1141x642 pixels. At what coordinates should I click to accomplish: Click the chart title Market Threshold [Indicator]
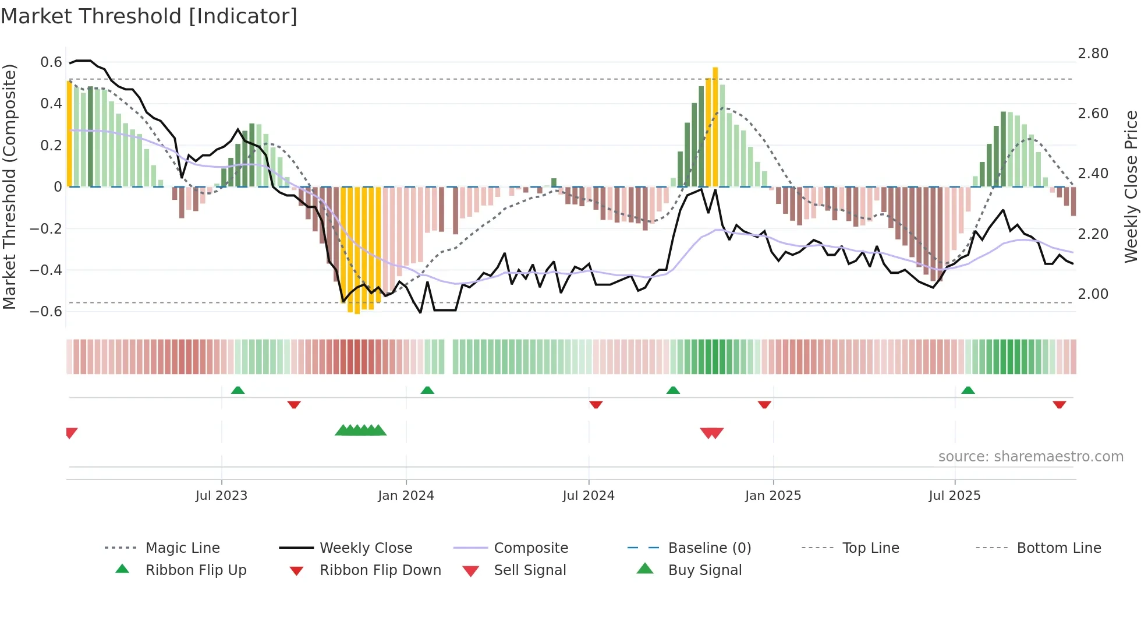(149, 16)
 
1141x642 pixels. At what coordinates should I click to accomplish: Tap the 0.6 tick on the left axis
(51, 62)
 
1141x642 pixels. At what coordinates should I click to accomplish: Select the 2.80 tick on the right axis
(1093, 54)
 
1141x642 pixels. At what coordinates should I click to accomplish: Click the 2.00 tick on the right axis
(1093, 294)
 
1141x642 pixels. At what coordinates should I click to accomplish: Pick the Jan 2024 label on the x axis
(406, 496)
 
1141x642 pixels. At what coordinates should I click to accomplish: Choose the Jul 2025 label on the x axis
(954, 496)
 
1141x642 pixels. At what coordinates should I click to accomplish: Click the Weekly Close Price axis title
(1131, 186)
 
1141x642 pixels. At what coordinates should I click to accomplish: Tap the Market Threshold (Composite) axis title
(9, 186)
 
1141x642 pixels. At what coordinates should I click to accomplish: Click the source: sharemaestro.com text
(1030, 457)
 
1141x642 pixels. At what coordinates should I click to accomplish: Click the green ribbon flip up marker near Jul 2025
(968, 390)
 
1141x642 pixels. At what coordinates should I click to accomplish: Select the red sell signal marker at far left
(71, 433)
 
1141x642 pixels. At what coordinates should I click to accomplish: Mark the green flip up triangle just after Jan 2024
(427, 390)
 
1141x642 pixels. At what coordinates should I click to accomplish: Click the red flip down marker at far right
(1059, 404)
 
